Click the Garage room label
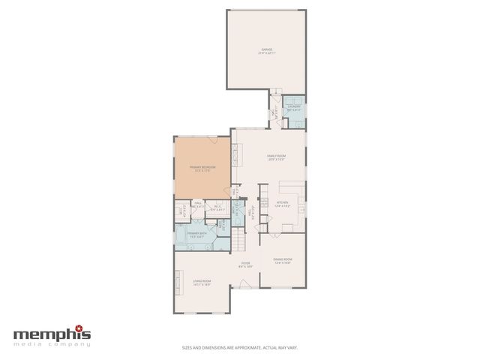click(266, 50)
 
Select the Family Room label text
click(277, 157)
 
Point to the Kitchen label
click(282, 203)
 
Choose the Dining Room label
click(282, 260)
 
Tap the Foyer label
click(245, 264)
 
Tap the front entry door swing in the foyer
click(244, 284)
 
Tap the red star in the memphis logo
click(88, 328)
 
